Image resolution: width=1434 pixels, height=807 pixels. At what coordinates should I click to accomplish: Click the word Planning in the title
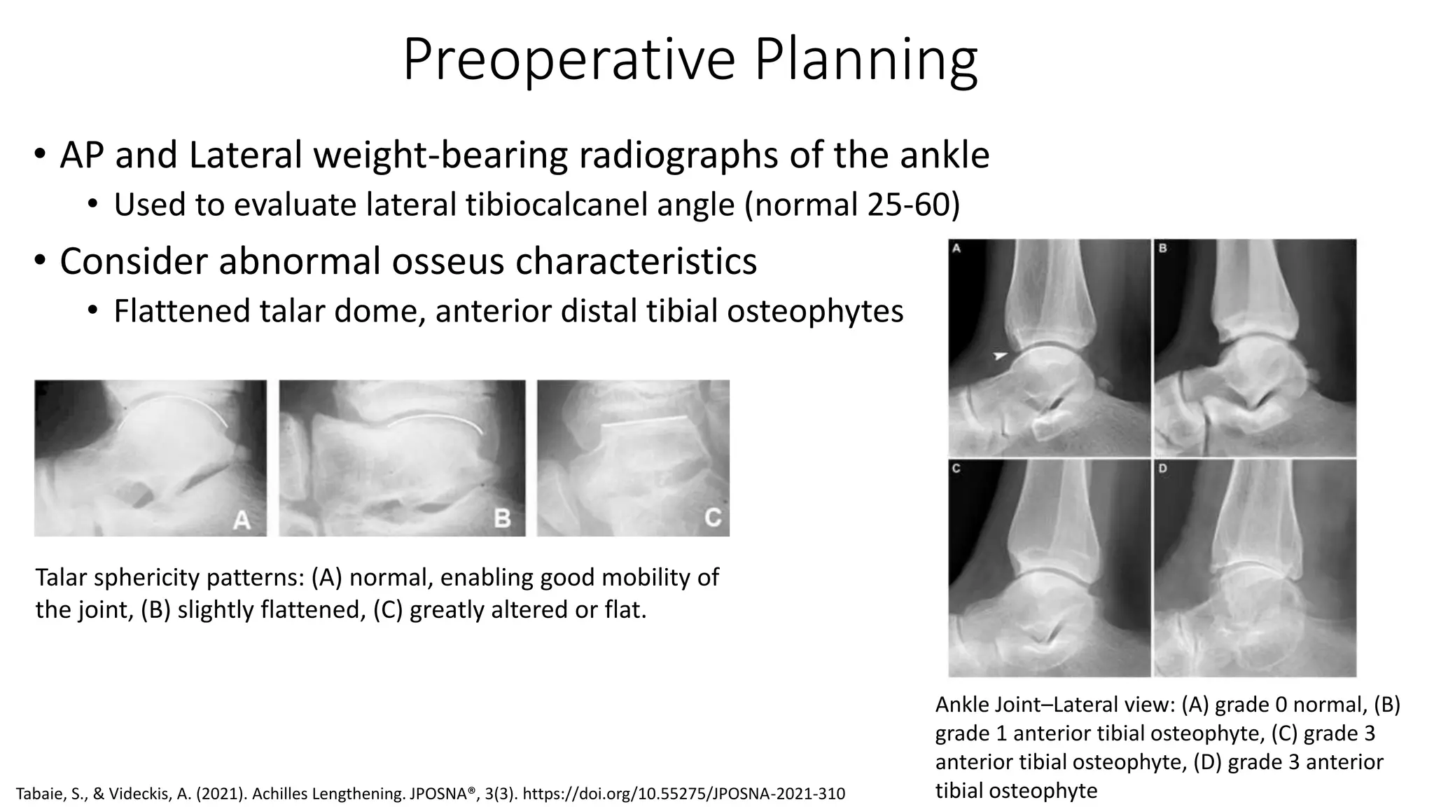coord(865,60)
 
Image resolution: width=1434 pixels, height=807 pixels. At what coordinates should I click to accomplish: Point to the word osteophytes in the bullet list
coord(815,311)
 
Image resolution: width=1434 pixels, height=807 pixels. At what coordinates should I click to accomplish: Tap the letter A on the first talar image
coord(242,519)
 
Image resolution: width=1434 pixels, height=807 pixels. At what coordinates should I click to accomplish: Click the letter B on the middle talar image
coord(502,518)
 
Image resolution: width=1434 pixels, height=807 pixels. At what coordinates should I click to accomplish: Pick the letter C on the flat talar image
coord(712,518)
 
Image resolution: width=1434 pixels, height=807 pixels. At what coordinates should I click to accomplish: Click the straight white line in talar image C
coord(645,422)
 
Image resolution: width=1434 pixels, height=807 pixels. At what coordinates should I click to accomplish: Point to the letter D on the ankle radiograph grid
coord(1163,469)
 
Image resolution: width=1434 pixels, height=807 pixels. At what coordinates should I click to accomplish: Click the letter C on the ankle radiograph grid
coord(956,469)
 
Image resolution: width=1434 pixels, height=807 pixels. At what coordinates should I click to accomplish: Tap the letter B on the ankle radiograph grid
coord(1163,248)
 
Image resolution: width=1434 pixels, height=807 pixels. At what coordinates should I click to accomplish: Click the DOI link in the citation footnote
coord(683,794)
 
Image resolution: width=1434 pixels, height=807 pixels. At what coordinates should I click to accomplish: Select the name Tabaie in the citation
coord(39,794)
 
